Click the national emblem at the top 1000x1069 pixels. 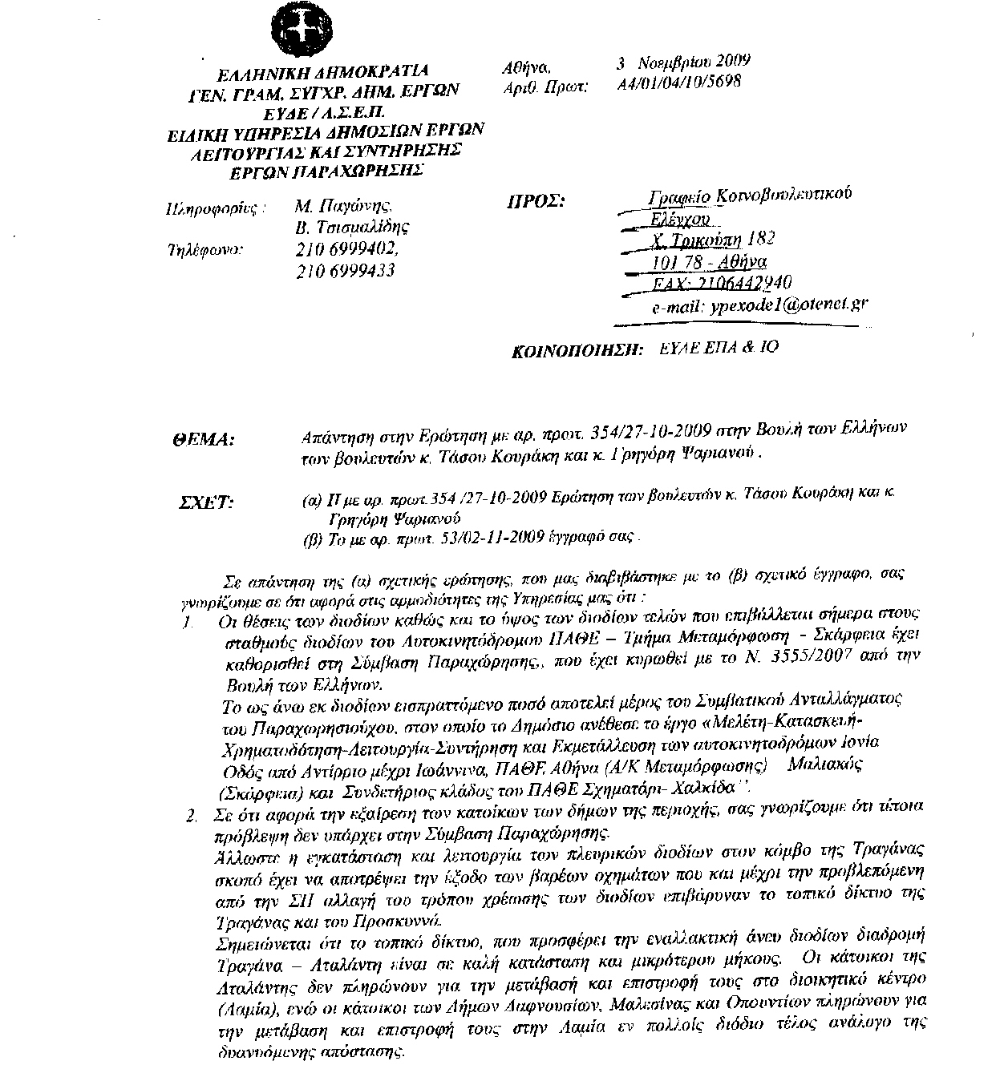coord(298,30)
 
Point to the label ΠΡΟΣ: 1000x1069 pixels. coord(536,201)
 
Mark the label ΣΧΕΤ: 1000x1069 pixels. coord(205,503)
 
